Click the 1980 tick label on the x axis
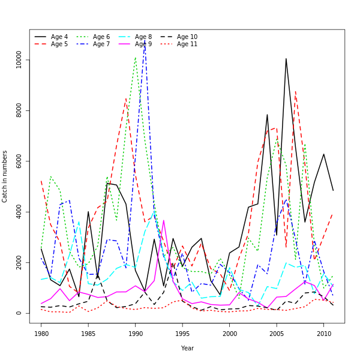click(x=41, y=333)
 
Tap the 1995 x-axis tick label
click(x=182, y=333)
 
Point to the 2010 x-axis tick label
click(x=324, y=333)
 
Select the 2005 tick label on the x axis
click(x=277, y=333)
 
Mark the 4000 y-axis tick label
click(x=19, y=212)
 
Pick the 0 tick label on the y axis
click(x=19, y=313)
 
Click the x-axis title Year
click(x=187, y=348)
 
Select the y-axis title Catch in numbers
click(x=5, y=176)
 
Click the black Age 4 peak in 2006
click(x=286, y=59)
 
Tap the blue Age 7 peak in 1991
click(x=145, y=42)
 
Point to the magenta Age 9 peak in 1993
click(x=164, y=220)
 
